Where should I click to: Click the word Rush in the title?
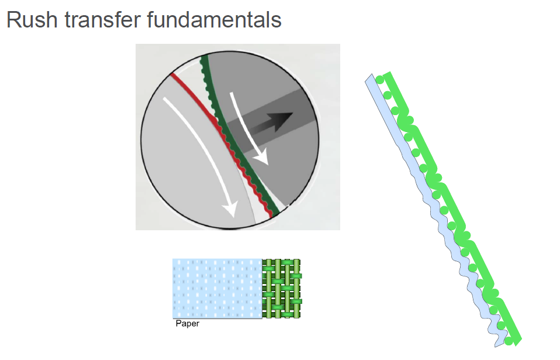point(32,20)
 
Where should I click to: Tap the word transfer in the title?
point(102,20)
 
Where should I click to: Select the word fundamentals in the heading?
point(215,20)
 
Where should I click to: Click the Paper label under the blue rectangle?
point(188,324)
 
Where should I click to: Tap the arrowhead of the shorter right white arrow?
point(262,158)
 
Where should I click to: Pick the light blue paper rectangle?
point(217,289)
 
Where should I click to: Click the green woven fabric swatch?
point(282,289)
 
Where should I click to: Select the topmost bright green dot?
point(380,80)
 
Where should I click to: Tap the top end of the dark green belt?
point(204,57)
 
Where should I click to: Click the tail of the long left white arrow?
point(165,99)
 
